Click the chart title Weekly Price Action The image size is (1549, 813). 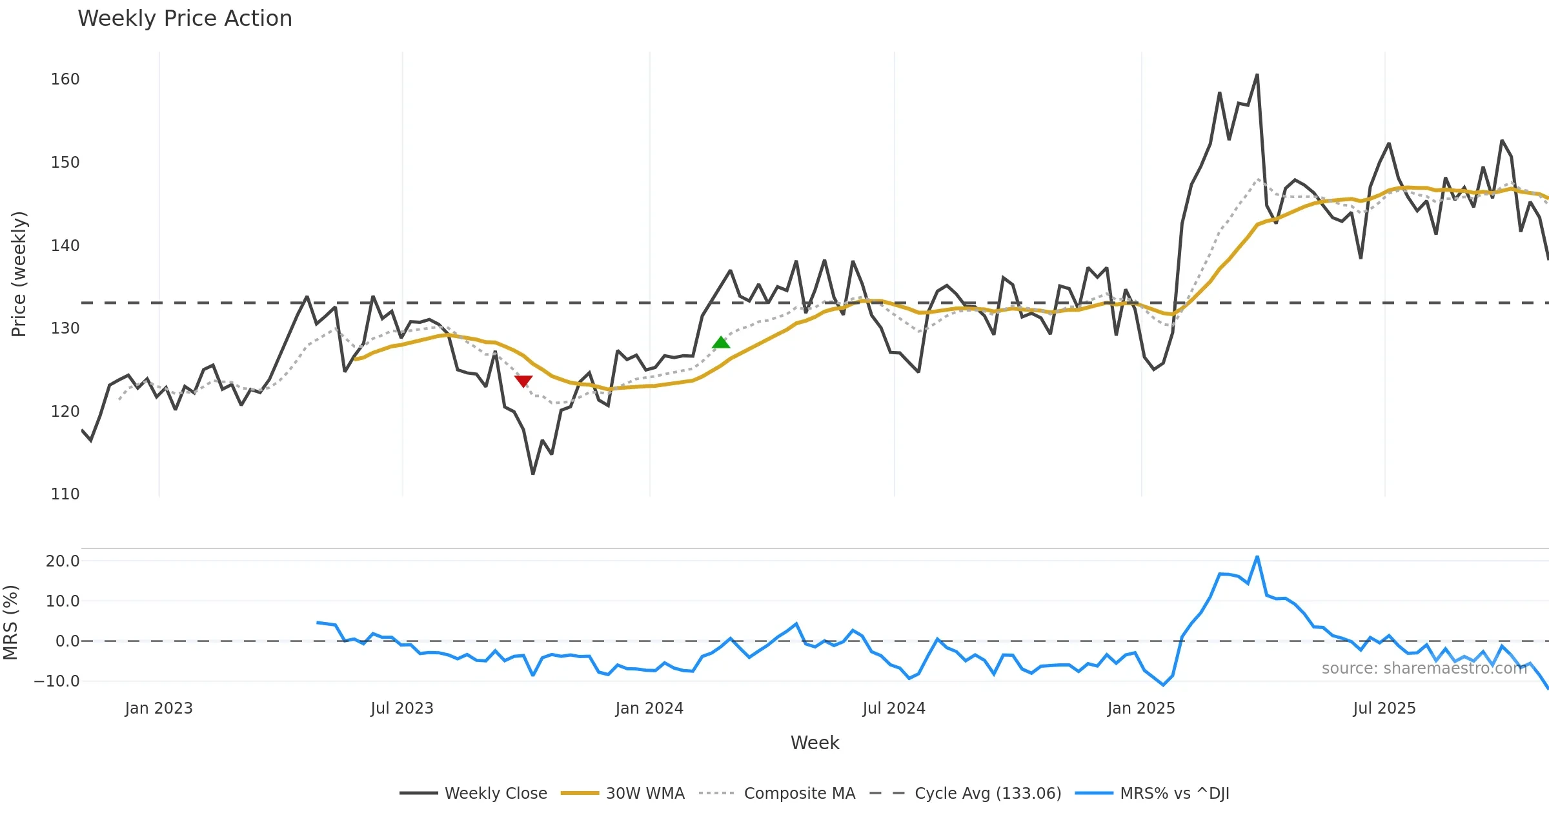(185, 19)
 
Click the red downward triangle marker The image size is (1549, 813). (523, 381)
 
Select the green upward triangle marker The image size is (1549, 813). (721, 343)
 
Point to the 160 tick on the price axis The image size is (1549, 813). (65, 79)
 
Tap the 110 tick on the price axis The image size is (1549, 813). (65, 494)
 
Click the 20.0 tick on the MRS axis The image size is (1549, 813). (63, 561)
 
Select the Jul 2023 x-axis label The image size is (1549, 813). (401, 708)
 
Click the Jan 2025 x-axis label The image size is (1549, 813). (1140, 708)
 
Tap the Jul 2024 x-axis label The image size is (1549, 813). (893, 708)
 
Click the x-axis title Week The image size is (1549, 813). (815, 743)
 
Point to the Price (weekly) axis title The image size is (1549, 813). (19, 274)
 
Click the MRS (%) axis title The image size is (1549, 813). (11, 623)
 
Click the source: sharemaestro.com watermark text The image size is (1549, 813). (1424, 668)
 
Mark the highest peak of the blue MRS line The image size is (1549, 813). (1257, 557)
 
